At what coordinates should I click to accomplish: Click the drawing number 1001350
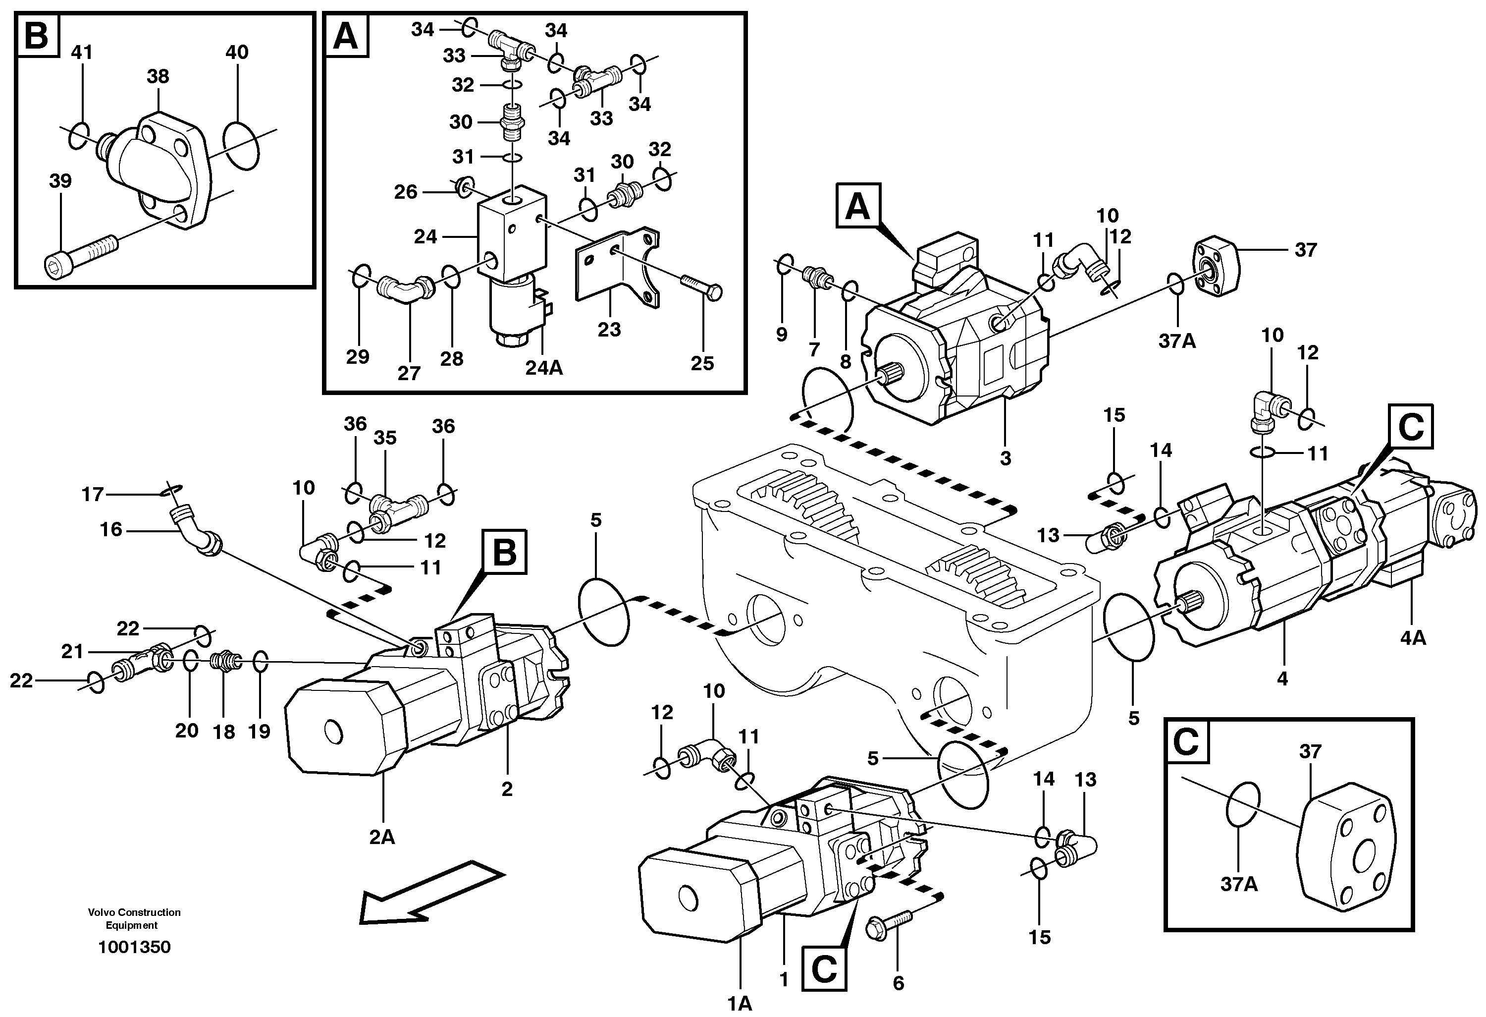coord(134,947)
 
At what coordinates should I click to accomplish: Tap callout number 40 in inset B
coord(237,53)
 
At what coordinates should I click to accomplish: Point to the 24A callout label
coord(544,367)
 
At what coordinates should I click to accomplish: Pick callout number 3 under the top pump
coord(1005,458)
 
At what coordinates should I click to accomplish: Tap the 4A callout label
coord(1413,638)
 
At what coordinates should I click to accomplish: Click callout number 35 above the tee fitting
coord(385,438)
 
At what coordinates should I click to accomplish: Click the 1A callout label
coord(740,1004)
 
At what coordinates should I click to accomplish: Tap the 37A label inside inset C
coord(1238,884)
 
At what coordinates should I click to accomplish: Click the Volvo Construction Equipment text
coord(134,918)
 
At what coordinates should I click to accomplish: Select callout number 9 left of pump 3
coord(781,334)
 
